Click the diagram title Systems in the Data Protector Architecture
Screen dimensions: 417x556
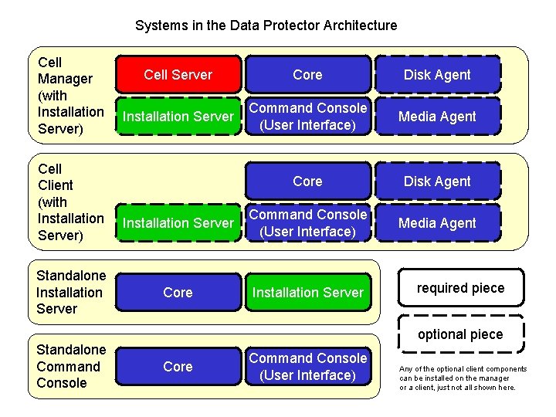tap(266, 25)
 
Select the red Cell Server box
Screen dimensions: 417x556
tap(178, 75)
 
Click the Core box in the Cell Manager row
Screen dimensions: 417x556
tap(307, 75)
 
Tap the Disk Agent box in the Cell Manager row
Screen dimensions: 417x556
tap(437, 75)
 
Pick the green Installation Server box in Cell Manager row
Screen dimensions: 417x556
tap(178, 117)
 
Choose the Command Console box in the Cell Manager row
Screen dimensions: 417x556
tap(307, 117)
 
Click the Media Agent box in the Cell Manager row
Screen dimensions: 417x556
tap(437, 117)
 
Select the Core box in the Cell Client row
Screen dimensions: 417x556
tap(307, 181)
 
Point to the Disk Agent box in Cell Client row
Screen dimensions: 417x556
tap(437, 181)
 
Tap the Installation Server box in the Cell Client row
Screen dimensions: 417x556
tap(178, 223)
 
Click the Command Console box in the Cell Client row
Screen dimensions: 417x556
tap(307, 223)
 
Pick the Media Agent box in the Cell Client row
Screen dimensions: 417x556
tap(437, 223)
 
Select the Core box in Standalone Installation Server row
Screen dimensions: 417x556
tap(178, 293)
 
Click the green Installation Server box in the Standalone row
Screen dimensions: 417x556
tap(307, 293)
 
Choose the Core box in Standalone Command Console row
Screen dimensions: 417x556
tap(178, 367)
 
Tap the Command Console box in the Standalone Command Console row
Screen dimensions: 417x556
tap(307, 367)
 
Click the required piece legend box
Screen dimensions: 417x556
tap(460, 288)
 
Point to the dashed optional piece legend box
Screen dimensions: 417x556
tap(460, 334)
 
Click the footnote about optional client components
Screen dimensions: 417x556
tap(463, 378)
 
